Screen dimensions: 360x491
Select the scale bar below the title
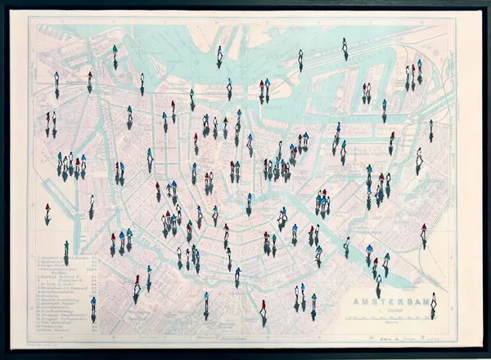[393, 316]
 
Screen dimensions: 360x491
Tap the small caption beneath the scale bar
[393, 322]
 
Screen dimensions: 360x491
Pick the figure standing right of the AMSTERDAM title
[433, 301]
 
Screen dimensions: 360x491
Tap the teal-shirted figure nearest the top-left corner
[56, 79]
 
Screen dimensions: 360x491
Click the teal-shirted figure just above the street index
[65, 246]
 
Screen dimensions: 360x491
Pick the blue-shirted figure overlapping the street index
[93, 304]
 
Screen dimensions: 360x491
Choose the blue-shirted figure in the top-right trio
[420, 65]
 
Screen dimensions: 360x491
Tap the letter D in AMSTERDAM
[412, 302]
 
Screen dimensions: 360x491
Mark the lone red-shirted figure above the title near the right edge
[423, 231]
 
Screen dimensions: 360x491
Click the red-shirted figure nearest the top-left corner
[89, 78]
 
